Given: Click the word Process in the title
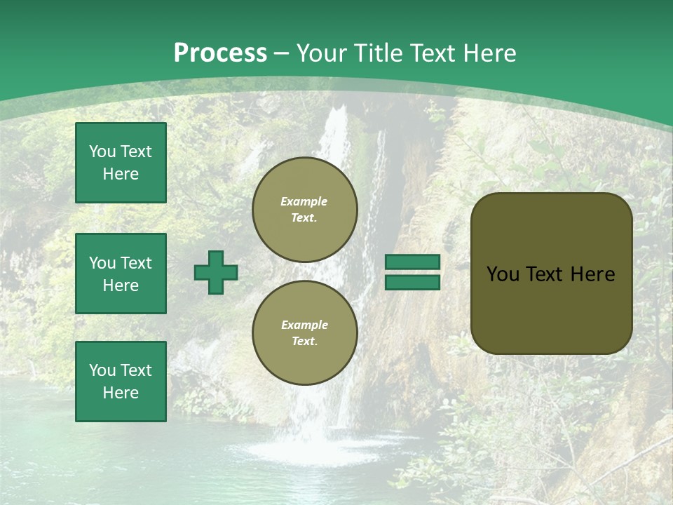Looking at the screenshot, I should point(220,53).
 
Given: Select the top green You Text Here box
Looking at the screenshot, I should point(121,163).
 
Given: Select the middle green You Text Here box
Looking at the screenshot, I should point(121,274).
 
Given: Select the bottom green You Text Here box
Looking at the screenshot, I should point(121,382).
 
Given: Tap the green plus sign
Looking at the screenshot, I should point(216,272).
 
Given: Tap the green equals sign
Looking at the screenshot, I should point(412,272).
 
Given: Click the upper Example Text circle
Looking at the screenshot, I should point(305,210).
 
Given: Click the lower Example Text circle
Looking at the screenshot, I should point(305,333).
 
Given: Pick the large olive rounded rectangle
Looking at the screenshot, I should point(551,274).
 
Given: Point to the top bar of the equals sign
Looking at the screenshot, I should point(412,262).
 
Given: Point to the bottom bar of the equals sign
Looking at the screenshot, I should point(412,282).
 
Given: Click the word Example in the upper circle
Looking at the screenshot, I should point(304,202).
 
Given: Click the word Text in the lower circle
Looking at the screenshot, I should point(304,342).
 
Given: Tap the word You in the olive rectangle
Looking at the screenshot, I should point(502,274).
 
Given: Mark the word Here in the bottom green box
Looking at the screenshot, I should point(121,393).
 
